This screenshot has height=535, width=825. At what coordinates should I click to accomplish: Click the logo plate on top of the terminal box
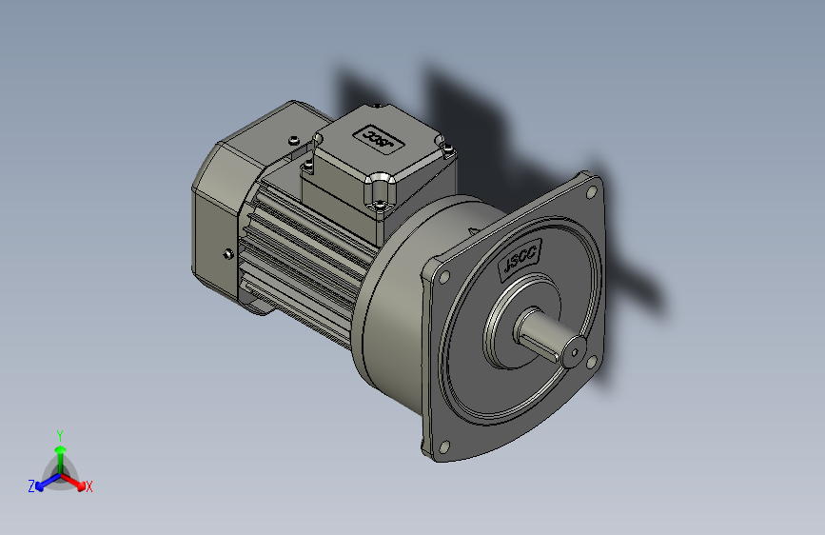(378, 139)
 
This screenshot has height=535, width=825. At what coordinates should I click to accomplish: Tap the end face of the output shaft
(573, 352)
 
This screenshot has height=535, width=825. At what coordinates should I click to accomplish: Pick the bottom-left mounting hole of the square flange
(442, 444)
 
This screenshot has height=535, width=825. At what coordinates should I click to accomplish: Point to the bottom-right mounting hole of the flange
(593, 363)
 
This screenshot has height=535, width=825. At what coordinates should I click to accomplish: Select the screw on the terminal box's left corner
(307, 169)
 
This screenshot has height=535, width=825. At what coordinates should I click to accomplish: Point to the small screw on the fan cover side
(227, 253)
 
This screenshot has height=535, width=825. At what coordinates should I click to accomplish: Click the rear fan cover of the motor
(219, 219)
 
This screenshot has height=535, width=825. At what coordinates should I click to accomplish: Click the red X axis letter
(89, 486)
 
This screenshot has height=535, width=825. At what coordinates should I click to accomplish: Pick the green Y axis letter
(59, 433)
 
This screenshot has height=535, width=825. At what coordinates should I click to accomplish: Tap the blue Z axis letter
(31, 486)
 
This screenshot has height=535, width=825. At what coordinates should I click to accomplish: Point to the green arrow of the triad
(59, 451)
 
